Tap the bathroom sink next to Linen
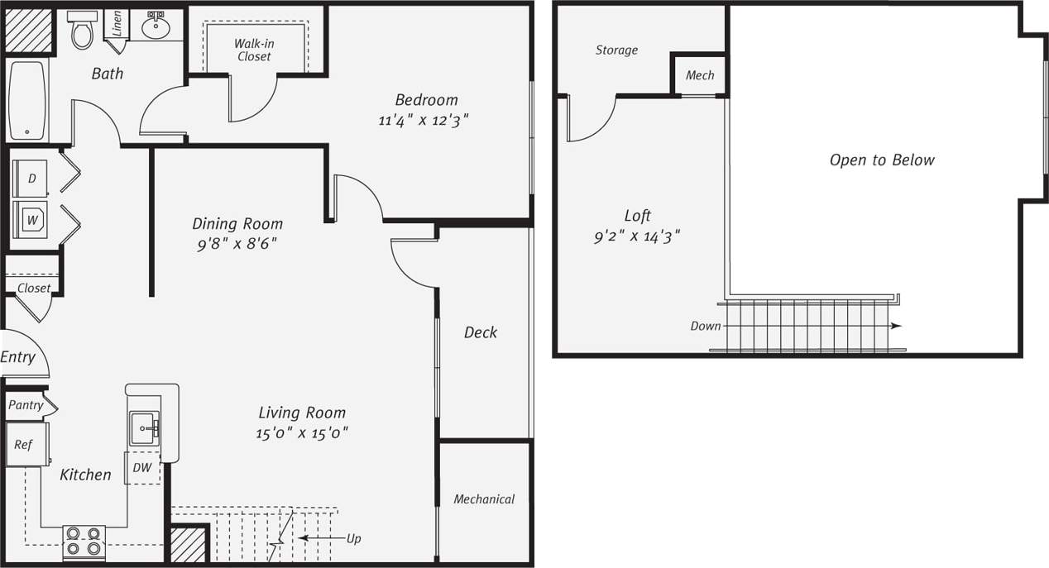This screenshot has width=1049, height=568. pyautogui.click(x=156, y=26)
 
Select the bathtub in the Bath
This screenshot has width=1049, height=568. pyautogui.click(x=27, y=100)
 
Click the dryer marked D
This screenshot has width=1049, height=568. pyautogui.click(x=31, y=179)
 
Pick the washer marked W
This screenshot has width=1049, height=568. pyautogui.click(x=31, y=220)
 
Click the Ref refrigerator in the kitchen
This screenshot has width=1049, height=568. pyautogui.click(x=25, y=445)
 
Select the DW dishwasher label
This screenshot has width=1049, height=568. pyautogui.click(x=142, y=467)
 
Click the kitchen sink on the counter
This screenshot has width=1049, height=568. pyautogui.click(x=145, y=428)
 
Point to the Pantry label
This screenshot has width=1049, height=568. pyautogui.click(x=26, y=405)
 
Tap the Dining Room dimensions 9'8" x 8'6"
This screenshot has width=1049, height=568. pyautogui.click(x=237, y=245)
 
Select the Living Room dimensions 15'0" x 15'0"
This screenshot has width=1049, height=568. pyautogui.click(x=302, y=432)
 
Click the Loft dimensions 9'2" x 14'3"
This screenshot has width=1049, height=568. pyautogui.click(x=637, y=236)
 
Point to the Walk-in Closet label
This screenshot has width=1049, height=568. pyautogui.click(x=253, y=50)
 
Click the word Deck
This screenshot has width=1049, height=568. pyautogui.click(x=480, y=332)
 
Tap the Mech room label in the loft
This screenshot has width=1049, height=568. pyautogui.click(x=699, y=75)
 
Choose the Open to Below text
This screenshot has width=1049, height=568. pyautogui.click(x=882, y=160)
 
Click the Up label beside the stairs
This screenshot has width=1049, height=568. pyautogui.click(x=353, y=538)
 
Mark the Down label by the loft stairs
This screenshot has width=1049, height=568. pyautogui.click(x=705, y=326)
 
